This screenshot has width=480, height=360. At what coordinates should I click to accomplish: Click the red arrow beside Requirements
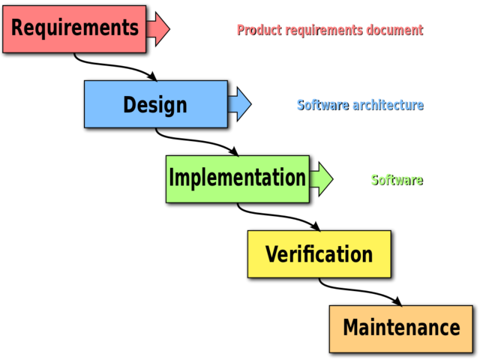coord(157,28)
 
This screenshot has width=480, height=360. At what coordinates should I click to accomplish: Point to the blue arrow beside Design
coord(239,103)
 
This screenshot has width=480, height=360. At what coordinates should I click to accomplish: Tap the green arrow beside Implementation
coord(321,178)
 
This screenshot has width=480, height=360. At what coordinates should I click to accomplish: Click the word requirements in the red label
coord(323,30)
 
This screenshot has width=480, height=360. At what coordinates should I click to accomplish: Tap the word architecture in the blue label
coord(387,105)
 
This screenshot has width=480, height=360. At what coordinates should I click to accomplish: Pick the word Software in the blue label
coord(322,105)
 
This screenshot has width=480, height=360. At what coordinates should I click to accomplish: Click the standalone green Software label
coord(396,180)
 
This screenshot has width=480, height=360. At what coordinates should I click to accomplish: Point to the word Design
coord(155,104)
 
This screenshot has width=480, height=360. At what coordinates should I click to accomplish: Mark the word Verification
coord(319,254)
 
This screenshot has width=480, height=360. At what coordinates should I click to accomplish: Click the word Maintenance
coord(401,328)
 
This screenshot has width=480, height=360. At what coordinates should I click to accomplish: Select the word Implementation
coord(237,178)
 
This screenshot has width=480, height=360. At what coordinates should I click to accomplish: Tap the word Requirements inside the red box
coord(75,28)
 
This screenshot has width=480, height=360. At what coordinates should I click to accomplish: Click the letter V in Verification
coord(271,254)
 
